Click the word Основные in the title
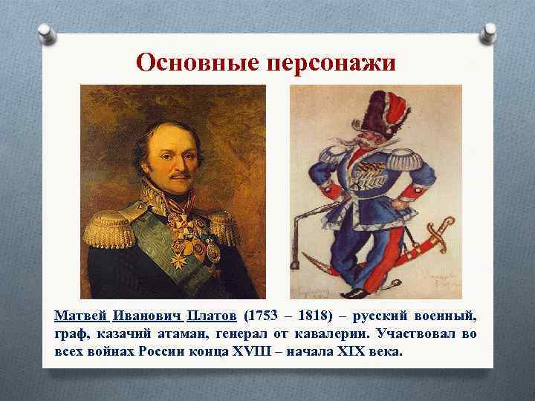194,62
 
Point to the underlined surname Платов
211,315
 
